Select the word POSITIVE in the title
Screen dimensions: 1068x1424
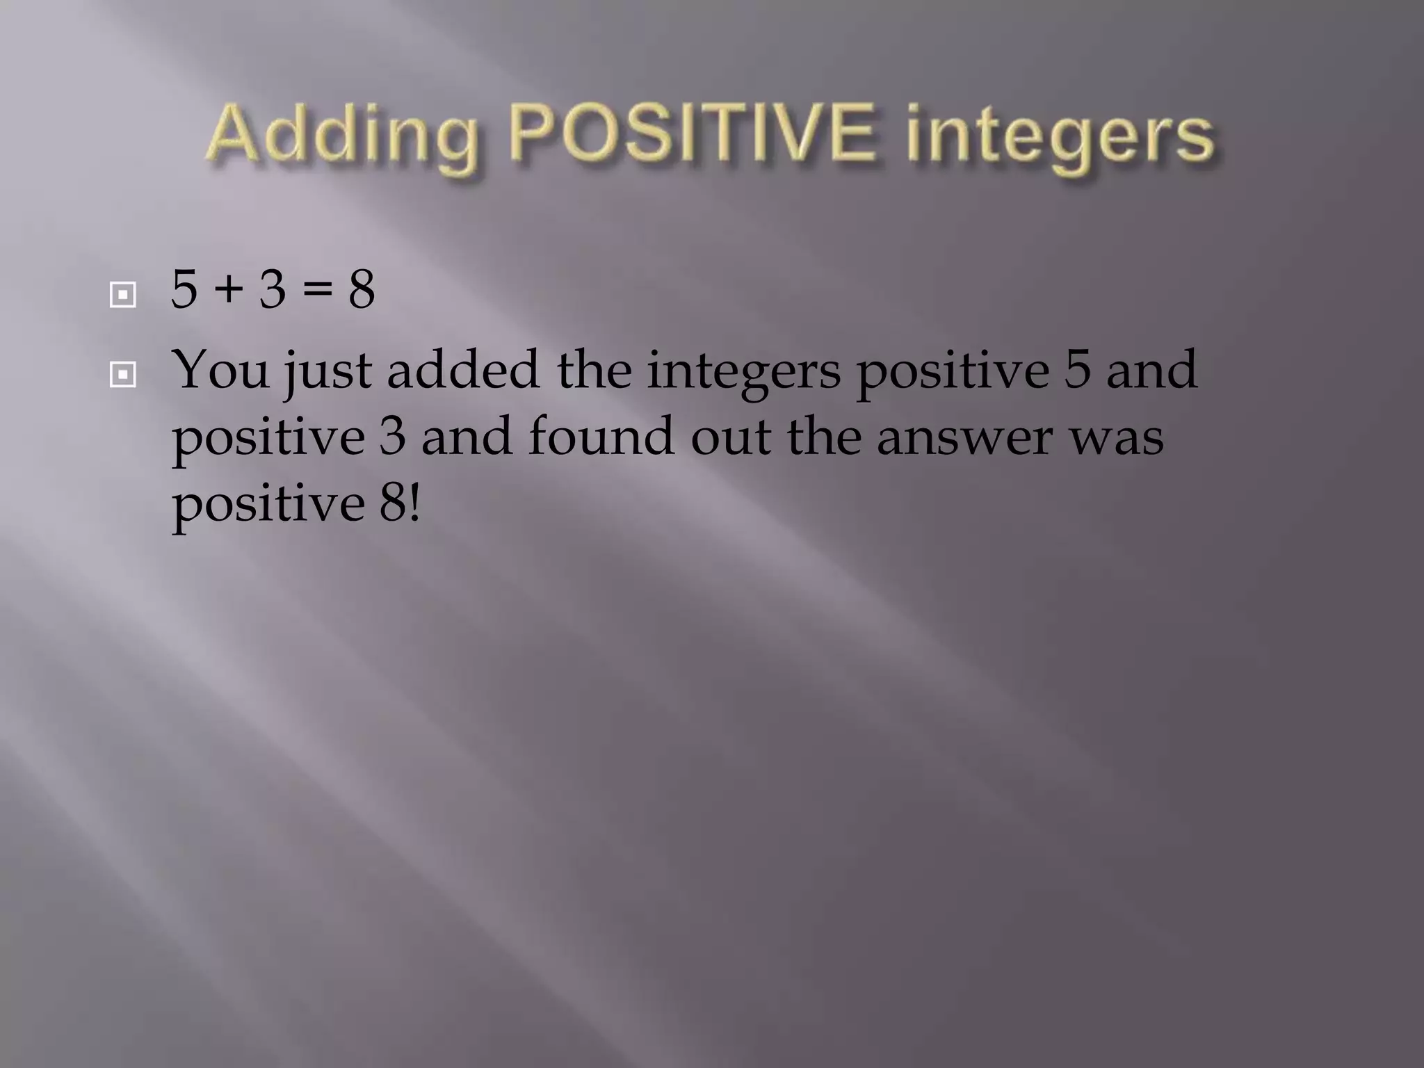[x=692, y=132]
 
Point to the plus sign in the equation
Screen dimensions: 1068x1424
[x=228, y=291]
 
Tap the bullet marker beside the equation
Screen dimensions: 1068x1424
[x=122, y=295]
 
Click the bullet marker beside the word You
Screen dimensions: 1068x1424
[x=122, y=375]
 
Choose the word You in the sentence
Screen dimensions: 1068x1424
[x=220, y=370]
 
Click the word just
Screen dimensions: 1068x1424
[x=327, y=373]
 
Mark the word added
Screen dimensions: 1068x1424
[x=463, y=370]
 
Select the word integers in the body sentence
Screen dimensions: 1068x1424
[x=743, y=373]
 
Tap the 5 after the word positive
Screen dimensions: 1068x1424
[x=1077, y=370]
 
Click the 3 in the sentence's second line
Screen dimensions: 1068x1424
[x=393, y=437]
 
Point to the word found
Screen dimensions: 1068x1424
[x=601, y=437]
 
